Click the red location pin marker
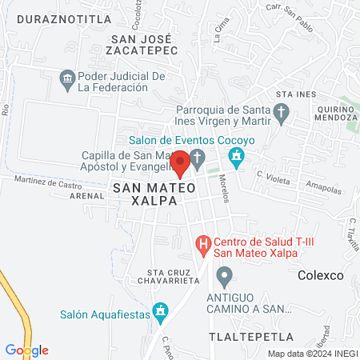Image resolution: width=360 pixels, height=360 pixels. [180, 163]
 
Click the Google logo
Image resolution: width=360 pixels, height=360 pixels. [26, 350]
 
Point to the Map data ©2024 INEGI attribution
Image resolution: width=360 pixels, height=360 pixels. [311, 354]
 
